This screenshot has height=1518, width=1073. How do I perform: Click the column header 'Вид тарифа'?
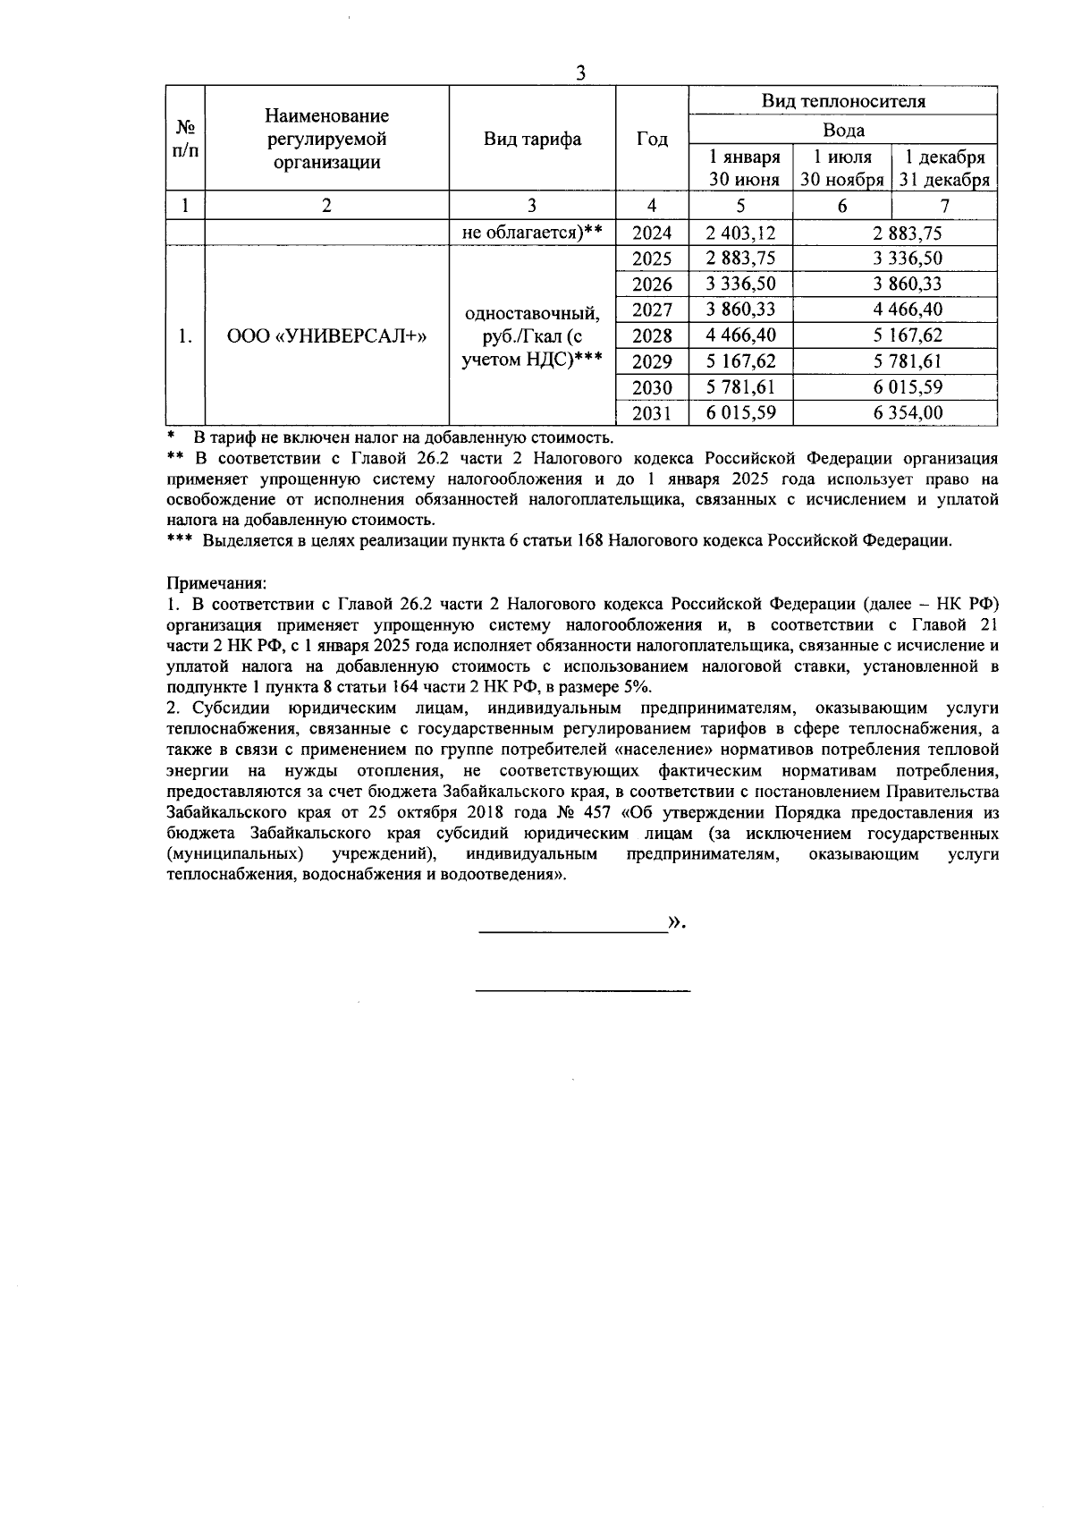tap(533, 139)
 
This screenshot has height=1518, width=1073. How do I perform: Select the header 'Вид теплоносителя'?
tap(843, 101)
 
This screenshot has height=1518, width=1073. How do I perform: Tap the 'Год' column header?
tap(652, 139)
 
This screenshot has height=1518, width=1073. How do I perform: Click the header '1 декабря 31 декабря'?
tap(944, 168)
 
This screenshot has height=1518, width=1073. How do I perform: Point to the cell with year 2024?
tap(652, 233)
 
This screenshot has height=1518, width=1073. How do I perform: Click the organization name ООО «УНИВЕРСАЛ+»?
tap(327, 336)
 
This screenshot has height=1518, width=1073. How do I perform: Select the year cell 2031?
tap(652, 413)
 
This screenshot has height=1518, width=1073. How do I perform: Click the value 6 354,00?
tap(896, 413)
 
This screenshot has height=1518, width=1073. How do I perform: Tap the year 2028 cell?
tap(652, 336)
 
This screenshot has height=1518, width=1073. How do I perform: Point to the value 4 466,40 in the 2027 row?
tap(896, 310)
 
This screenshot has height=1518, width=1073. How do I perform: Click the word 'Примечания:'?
tap(215, 582)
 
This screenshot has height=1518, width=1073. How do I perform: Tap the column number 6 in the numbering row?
tap(842, 206)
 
